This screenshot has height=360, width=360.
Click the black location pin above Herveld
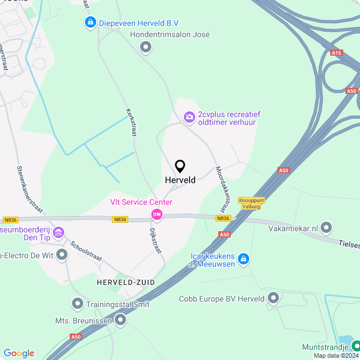(180, 166)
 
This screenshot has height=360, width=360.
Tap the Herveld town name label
(180, 180)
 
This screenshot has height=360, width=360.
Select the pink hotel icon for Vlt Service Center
(156, 214)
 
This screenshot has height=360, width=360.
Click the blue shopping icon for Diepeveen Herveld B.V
(90, 22)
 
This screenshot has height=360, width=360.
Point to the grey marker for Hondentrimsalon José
(146, 47)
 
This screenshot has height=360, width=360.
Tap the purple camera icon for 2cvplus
(190, 117)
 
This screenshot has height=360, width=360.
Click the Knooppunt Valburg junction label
(251, 202)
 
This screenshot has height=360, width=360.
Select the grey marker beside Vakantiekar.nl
(327, 228)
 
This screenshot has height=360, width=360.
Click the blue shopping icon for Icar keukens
(243, 259)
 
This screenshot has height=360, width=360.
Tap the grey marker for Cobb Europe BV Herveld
(273, 298)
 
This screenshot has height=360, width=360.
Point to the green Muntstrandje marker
(354, 345)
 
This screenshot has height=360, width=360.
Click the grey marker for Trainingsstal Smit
(78, 304)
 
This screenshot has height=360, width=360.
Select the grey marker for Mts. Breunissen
(120, 321)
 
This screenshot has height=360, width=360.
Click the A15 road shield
(336, 53)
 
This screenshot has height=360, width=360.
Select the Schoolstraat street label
(86, 252)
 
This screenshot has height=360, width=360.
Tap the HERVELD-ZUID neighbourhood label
(125, 282)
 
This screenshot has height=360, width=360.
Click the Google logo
(19, 353)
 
